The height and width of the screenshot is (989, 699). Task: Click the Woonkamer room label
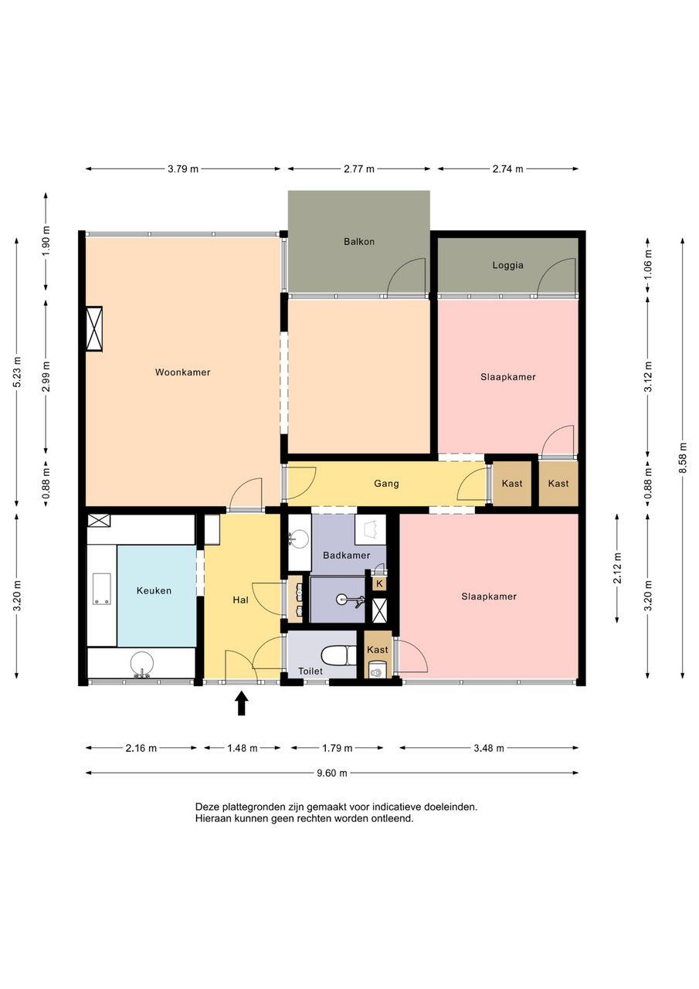(182, 372)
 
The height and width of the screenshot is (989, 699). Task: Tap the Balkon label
(358, 242)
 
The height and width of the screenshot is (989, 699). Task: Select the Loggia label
(507, 265)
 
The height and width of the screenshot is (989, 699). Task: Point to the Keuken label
(154, 591)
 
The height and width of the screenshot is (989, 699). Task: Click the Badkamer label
(347, 556)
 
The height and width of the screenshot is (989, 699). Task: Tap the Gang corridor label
(386, 484)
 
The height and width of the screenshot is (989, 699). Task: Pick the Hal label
(240, 600)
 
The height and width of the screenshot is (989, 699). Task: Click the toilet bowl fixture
(338, 656)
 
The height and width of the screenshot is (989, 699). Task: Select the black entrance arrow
(241, 703)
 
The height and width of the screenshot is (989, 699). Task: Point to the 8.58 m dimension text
(682, 457)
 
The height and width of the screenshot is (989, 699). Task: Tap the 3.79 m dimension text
(183, 168)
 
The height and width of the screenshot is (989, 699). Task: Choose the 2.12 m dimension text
(617, 568)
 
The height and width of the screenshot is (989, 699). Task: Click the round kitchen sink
(141, 664)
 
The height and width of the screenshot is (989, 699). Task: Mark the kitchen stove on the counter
(101, 589)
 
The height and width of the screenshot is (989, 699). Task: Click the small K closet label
(379, 583)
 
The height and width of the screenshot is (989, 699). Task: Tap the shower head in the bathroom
(348, 600)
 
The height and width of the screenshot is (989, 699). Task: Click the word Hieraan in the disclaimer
(212, 818)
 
